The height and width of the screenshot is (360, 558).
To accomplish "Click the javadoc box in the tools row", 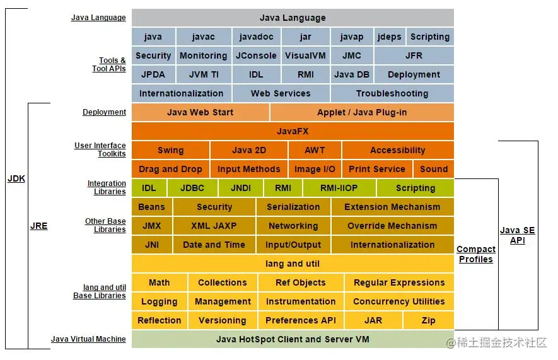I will pyautogui.click(x=255, y=37).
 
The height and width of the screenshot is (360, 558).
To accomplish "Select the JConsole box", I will pyautogui.click(x=255, y=55).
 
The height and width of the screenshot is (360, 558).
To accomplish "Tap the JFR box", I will pyautogui.click(x=414, y=55).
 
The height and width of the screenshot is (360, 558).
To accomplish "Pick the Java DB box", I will pyautogui.click(x=352, y=74).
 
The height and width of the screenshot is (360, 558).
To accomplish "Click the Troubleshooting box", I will pyautogui.click(x=392, y=93).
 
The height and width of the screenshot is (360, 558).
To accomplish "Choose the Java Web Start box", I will pyautogui.click(x=200, y=112).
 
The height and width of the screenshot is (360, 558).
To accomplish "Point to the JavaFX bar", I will pyautogui.click(x=293, y=131).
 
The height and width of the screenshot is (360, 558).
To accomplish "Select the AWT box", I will pyautogui.click(x=315, y=150).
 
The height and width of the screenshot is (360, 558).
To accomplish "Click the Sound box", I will pyautogui.click(x=433, y=169).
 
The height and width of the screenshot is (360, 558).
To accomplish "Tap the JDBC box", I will pyautogui.click(x=192, y=188).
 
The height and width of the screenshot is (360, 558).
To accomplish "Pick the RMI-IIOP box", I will pyautogui.click(x=339, y=188).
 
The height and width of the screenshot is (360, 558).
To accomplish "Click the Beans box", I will pyautogui.click(x=151, y=207).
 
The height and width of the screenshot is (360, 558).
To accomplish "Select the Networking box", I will pyautogui.click(x=293, y=226).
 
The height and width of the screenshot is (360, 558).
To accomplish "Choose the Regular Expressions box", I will pyautogui.click(x=398, y=282).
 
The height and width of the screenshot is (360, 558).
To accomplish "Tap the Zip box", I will pyautogui.click(x=428, y=320).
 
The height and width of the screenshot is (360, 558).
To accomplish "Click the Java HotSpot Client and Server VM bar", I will pyautogui.click(x=293, y=339).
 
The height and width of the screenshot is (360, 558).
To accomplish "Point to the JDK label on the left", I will pyautogui.click(x=16, y=178).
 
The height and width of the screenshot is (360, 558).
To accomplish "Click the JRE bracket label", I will pyautogui.click(x=38, y=226).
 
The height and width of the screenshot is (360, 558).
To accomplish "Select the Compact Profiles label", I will pyautogui.click(x=475, y=254).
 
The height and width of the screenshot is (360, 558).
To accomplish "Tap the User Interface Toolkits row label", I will pyautogui.click(x=100, y=150).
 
